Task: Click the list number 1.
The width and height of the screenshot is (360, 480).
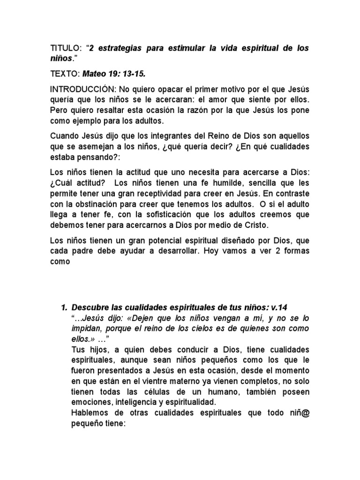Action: (x=64, y=307)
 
